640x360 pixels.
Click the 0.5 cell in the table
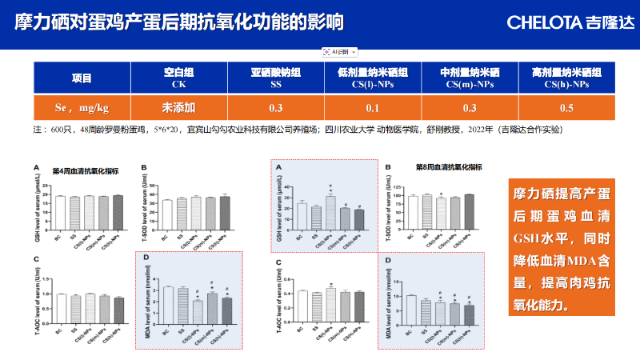point(566,108)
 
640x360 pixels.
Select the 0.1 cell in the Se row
point(372,108)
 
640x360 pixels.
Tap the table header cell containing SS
point(276,78)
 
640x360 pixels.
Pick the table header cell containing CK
point(178,78)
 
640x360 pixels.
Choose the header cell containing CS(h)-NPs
point(566,78)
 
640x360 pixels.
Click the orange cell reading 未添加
point(178,108)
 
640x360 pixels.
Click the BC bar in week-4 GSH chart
point(59,212)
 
